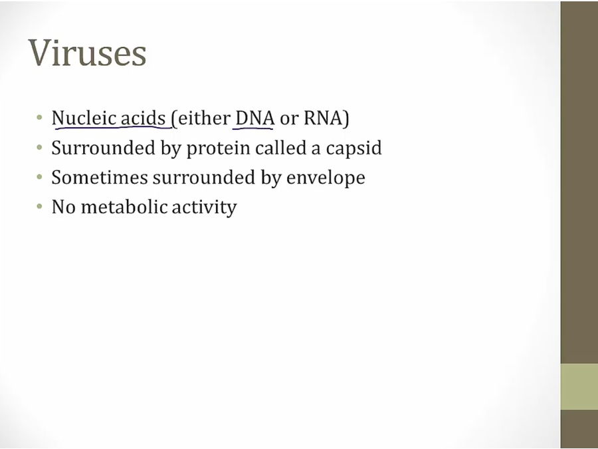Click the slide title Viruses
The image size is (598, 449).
click(x=87, y=53)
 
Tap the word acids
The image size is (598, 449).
click(x=143, y=118)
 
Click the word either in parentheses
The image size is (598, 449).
click(x=204, y=118)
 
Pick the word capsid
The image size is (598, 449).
click(x=353, y=148)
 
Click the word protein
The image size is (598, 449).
click(x=218, y=148)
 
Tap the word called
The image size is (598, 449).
click(x=280, y=148)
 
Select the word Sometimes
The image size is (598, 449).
click(x=100, y=178)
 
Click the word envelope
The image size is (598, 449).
click(x=326, y=178)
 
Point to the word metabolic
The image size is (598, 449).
click(x=124, y=207)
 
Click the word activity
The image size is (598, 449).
click(x=205, y=208)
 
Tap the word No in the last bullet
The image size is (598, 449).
click(x=63, y=208)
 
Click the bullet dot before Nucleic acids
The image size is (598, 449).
click(x=39, y=118)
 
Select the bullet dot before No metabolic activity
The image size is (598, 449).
click(x=39, y=207)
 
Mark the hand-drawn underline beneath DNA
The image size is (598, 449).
click(x=252, y=128)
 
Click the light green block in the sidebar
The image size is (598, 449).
click(x=579, y=386)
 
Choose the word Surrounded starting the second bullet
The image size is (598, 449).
click(x=103, y=148)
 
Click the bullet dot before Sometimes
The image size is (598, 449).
click(x=39, y=177)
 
